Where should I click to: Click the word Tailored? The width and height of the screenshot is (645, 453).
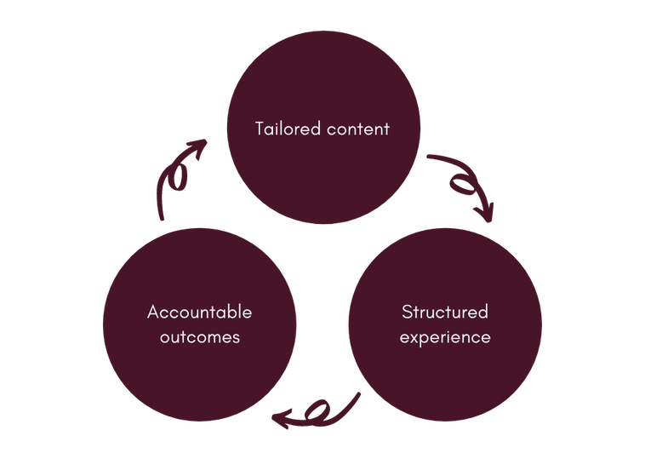tap(287, 129)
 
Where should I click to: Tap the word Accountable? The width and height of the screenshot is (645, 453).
tap(199, 312)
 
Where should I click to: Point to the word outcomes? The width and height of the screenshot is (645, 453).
tap(200, 337)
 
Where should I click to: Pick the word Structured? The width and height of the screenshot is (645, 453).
tap(445, 312)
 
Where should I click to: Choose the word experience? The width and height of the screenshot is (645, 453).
tap(445, 337)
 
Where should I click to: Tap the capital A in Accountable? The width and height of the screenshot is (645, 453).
tap(153, 312)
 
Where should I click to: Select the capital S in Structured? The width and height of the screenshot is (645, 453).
tap(407, 312)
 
